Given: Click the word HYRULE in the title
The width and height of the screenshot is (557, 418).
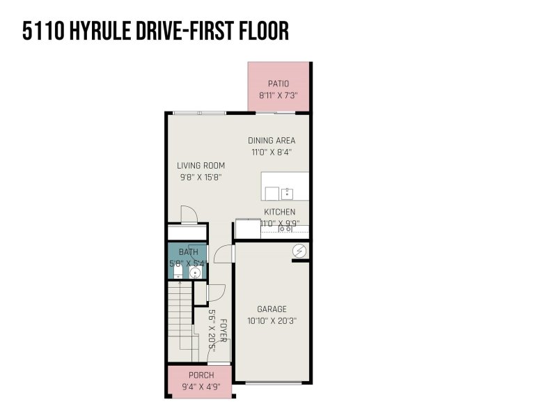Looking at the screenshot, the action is [x=100, y=31].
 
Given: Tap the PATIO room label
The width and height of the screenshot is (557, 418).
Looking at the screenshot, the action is [x=278, y=84].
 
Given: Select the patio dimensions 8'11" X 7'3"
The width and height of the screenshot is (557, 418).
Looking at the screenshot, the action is [x=278, y=95].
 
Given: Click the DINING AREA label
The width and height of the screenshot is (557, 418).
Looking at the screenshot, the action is [x=272, y=141].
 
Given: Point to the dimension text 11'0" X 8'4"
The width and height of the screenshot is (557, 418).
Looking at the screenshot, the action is [x=272, y=153].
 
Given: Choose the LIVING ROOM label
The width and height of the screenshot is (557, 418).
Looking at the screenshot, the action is [x=201, y=166].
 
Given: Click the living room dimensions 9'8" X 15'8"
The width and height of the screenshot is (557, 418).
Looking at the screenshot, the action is [x=201, y=178].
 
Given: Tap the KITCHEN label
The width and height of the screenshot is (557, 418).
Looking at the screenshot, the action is [x=280, y=212].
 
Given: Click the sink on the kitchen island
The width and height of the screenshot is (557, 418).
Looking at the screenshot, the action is [x=287, y=194].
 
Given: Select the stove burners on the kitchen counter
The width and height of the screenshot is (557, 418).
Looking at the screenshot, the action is [x=285, y=229].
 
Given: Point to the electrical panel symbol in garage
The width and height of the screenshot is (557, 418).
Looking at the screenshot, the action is [x=299, y=251].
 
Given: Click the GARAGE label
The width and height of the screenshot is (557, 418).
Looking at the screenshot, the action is [x=272, y=309].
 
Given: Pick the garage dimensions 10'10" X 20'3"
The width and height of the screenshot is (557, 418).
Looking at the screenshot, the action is [x=272, y=321].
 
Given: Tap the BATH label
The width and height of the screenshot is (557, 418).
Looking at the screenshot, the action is [x=189, y=252].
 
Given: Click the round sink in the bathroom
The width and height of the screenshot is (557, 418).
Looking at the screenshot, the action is [x=195, y=273].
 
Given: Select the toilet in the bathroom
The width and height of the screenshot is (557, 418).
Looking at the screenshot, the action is [x=178, y=272].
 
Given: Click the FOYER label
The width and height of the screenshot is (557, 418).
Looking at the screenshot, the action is [x=223, y=331].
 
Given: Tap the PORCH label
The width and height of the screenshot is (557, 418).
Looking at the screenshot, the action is [x=201, y=376].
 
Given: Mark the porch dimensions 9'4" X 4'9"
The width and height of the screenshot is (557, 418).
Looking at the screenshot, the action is [x=201, y=387].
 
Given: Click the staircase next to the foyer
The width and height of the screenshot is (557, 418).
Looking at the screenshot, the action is [x=182, y=322].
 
